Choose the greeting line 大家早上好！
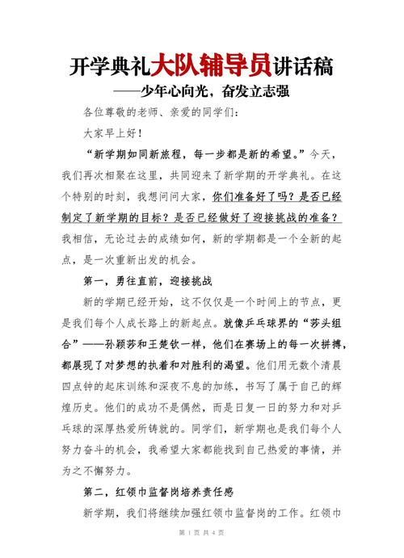(112, 132)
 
